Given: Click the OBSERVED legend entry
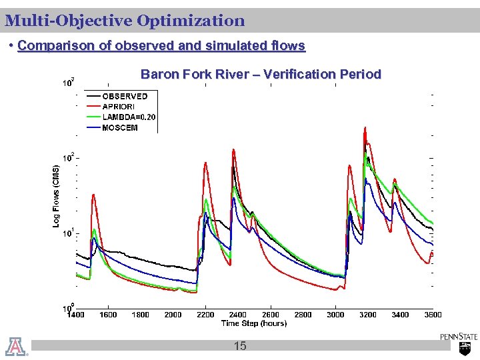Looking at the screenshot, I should point(125,96).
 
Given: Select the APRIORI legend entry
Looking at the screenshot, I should point(119,107).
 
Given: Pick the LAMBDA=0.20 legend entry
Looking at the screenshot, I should point(129,117).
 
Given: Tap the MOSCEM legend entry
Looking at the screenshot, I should point(120,127).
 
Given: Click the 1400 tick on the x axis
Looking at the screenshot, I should point(76,315).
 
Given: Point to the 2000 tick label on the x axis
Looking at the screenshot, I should point(173,315).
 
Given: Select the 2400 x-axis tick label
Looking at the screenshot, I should point(238,315).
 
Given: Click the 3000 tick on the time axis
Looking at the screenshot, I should point(335,315).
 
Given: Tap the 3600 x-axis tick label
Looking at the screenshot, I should point(433,315).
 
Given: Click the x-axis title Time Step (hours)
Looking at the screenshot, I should point(254,323).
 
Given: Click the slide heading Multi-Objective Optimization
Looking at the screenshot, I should point(125,21).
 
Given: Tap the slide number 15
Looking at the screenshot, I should point(240,345).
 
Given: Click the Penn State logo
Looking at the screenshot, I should point(459,343).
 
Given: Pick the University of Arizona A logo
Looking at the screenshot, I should point(15,346).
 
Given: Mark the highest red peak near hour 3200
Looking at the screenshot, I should point(365,126).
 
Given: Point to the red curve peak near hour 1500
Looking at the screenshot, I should point(94,195).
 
